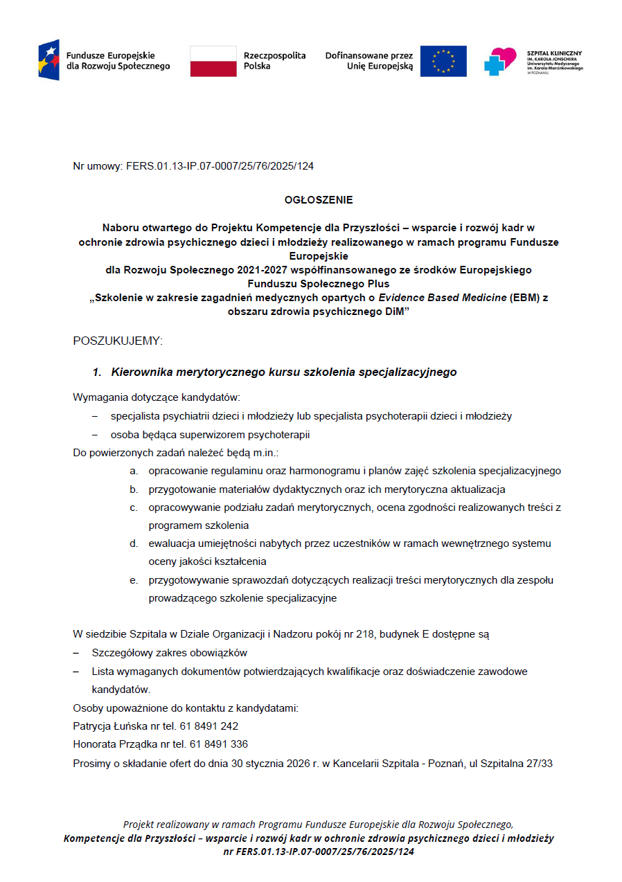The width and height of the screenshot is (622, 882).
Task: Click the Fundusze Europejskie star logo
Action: tap(48, 60)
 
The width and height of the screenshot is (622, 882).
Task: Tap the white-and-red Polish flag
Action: tap(213, 61)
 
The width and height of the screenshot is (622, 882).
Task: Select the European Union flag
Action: tap(443, 61)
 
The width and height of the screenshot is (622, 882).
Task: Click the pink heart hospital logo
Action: tap(500, 61)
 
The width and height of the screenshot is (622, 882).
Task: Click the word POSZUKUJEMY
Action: tap(117, 341)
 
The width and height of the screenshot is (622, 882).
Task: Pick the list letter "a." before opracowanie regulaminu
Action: tap(134, 471)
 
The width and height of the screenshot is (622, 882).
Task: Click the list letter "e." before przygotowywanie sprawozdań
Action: tap(134, 580)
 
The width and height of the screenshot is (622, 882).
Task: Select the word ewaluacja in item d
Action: tap(170, 543)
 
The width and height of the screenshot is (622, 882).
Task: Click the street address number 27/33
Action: tap(538, 764)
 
